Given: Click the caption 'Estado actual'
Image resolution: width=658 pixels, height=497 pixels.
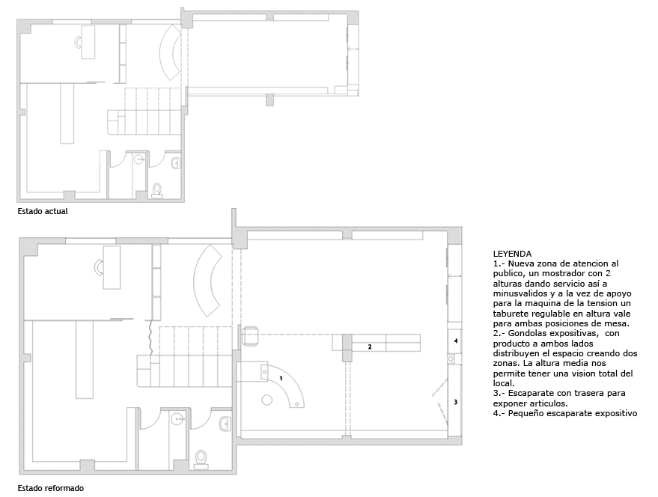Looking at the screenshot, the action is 43,211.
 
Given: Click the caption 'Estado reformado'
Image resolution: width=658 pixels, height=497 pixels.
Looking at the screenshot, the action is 50,488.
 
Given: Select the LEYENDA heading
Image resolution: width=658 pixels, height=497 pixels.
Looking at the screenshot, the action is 512,254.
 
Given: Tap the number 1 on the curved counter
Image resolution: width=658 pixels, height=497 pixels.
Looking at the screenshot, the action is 281,378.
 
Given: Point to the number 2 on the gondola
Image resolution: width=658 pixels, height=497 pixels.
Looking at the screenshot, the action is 370,347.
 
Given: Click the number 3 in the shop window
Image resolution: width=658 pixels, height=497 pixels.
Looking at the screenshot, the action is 456,402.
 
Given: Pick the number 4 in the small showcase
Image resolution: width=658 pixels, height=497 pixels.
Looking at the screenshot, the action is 456,341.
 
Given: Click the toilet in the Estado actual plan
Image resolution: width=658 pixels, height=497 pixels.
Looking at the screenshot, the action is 157,190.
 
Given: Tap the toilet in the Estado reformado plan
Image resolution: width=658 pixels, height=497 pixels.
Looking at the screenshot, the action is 201,459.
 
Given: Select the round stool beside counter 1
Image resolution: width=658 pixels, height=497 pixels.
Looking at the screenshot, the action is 267,400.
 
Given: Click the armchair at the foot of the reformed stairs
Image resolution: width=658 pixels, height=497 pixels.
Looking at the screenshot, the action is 250,336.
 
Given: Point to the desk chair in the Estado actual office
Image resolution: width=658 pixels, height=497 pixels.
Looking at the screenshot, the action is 78,42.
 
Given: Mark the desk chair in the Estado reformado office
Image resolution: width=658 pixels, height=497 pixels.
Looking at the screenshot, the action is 99,267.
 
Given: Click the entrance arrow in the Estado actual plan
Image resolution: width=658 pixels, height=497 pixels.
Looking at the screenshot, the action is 353,49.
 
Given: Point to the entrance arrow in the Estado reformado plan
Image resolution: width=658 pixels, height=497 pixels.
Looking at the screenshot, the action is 454,276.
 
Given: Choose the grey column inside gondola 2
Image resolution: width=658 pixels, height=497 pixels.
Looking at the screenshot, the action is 347,347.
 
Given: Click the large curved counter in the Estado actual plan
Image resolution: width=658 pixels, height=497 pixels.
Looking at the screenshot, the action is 168,52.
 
